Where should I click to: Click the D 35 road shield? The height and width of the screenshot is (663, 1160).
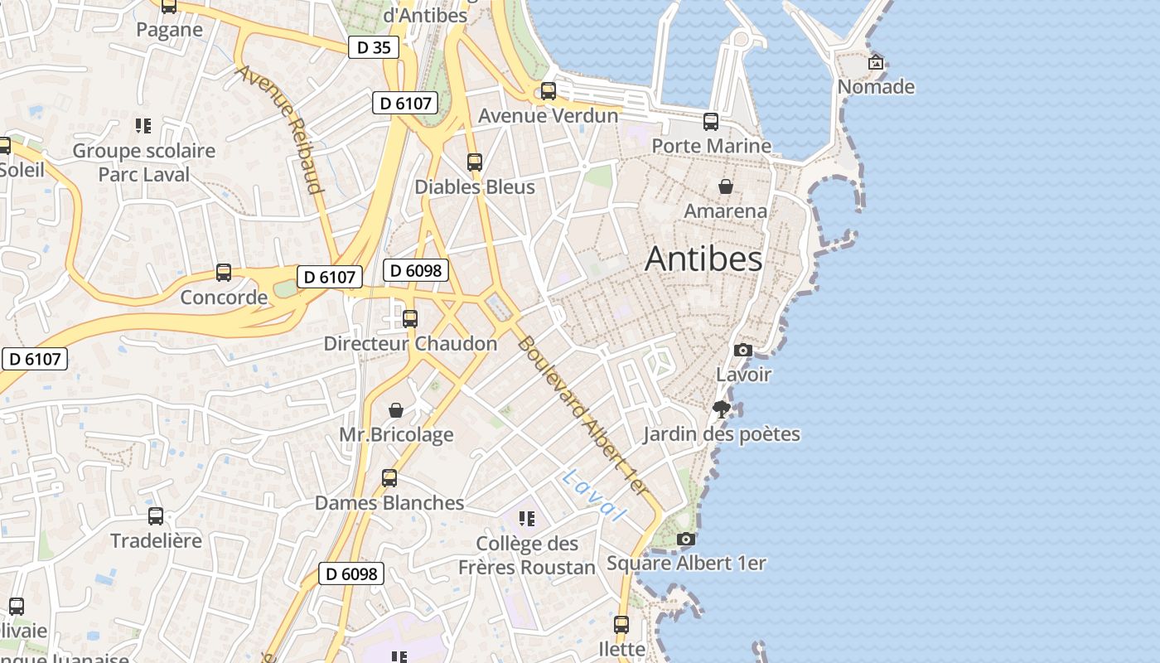(373, 47)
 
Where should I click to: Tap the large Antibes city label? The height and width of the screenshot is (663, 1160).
(703, 259)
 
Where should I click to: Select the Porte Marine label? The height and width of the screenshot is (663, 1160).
(711, 146)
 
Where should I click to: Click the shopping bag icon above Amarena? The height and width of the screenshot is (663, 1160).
(726, 186)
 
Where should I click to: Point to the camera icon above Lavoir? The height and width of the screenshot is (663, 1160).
(743, 350)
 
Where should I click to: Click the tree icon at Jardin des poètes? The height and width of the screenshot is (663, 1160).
(721, 409)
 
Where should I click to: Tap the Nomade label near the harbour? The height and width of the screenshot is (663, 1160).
(876, 86)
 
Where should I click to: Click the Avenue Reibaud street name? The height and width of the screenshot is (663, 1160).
(279, 128)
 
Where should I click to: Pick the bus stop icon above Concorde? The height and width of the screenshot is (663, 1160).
(223, 272)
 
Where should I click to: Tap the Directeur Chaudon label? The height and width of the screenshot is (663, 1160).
(410, 343)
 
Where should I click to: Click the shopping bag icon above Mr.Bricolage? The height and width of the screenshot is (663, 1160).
(396, 410)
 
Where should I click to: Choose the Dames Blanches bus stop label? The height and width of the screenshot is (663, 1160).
(389, 502)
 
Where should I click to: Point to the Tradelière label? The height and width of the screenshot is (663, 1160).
(156, 540)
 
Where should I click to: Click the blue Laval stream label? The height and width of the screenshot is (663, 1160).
(592, 495)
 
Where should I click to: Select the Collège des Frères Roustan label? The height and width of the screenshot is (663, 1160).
(527, 555)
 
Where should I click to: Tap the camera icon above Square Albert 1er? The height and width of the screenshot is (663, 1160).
(685, 540)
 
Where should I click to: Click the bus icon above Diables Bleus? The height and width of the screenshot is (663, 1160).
(474, 162)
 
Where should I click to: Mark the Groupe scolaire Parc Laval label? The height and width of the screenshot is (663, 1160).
(144, 162)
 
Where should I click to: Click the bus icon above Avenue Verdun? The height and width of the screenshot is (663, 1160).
(548, 91)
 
